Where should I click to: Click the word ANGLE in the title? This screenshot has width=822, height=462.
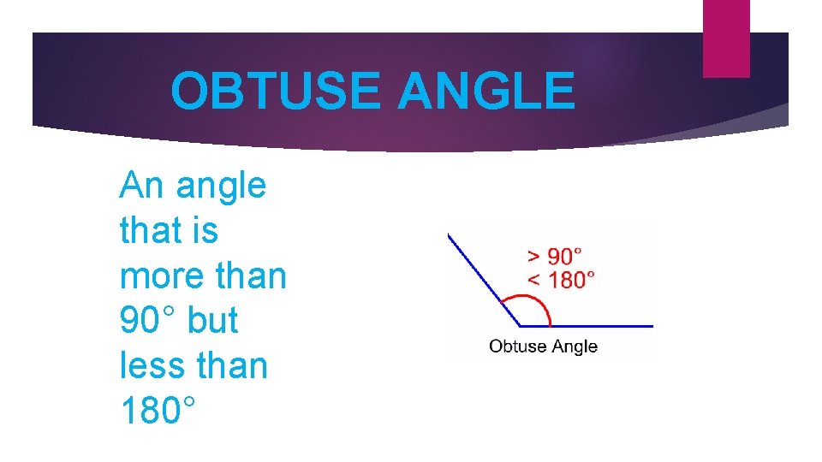point(485,92)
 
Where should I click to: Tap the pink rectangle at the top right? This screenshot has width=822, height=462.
point(726,38)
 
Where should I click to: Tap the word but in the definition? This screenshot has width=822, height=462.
point(212,321)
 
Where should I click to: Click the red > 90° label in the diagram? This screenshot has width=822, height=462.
point(554,256)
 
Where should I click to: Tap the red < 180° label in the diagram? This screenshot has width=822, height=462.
point(561,278)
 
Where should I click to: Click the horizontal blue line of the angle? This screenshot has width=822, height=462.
point(599,325)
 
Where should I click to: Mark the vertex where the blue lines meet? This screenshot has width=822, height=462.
point(520,325)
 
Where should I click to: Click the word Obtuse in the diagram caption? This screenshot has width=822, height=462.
point(517,346)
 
